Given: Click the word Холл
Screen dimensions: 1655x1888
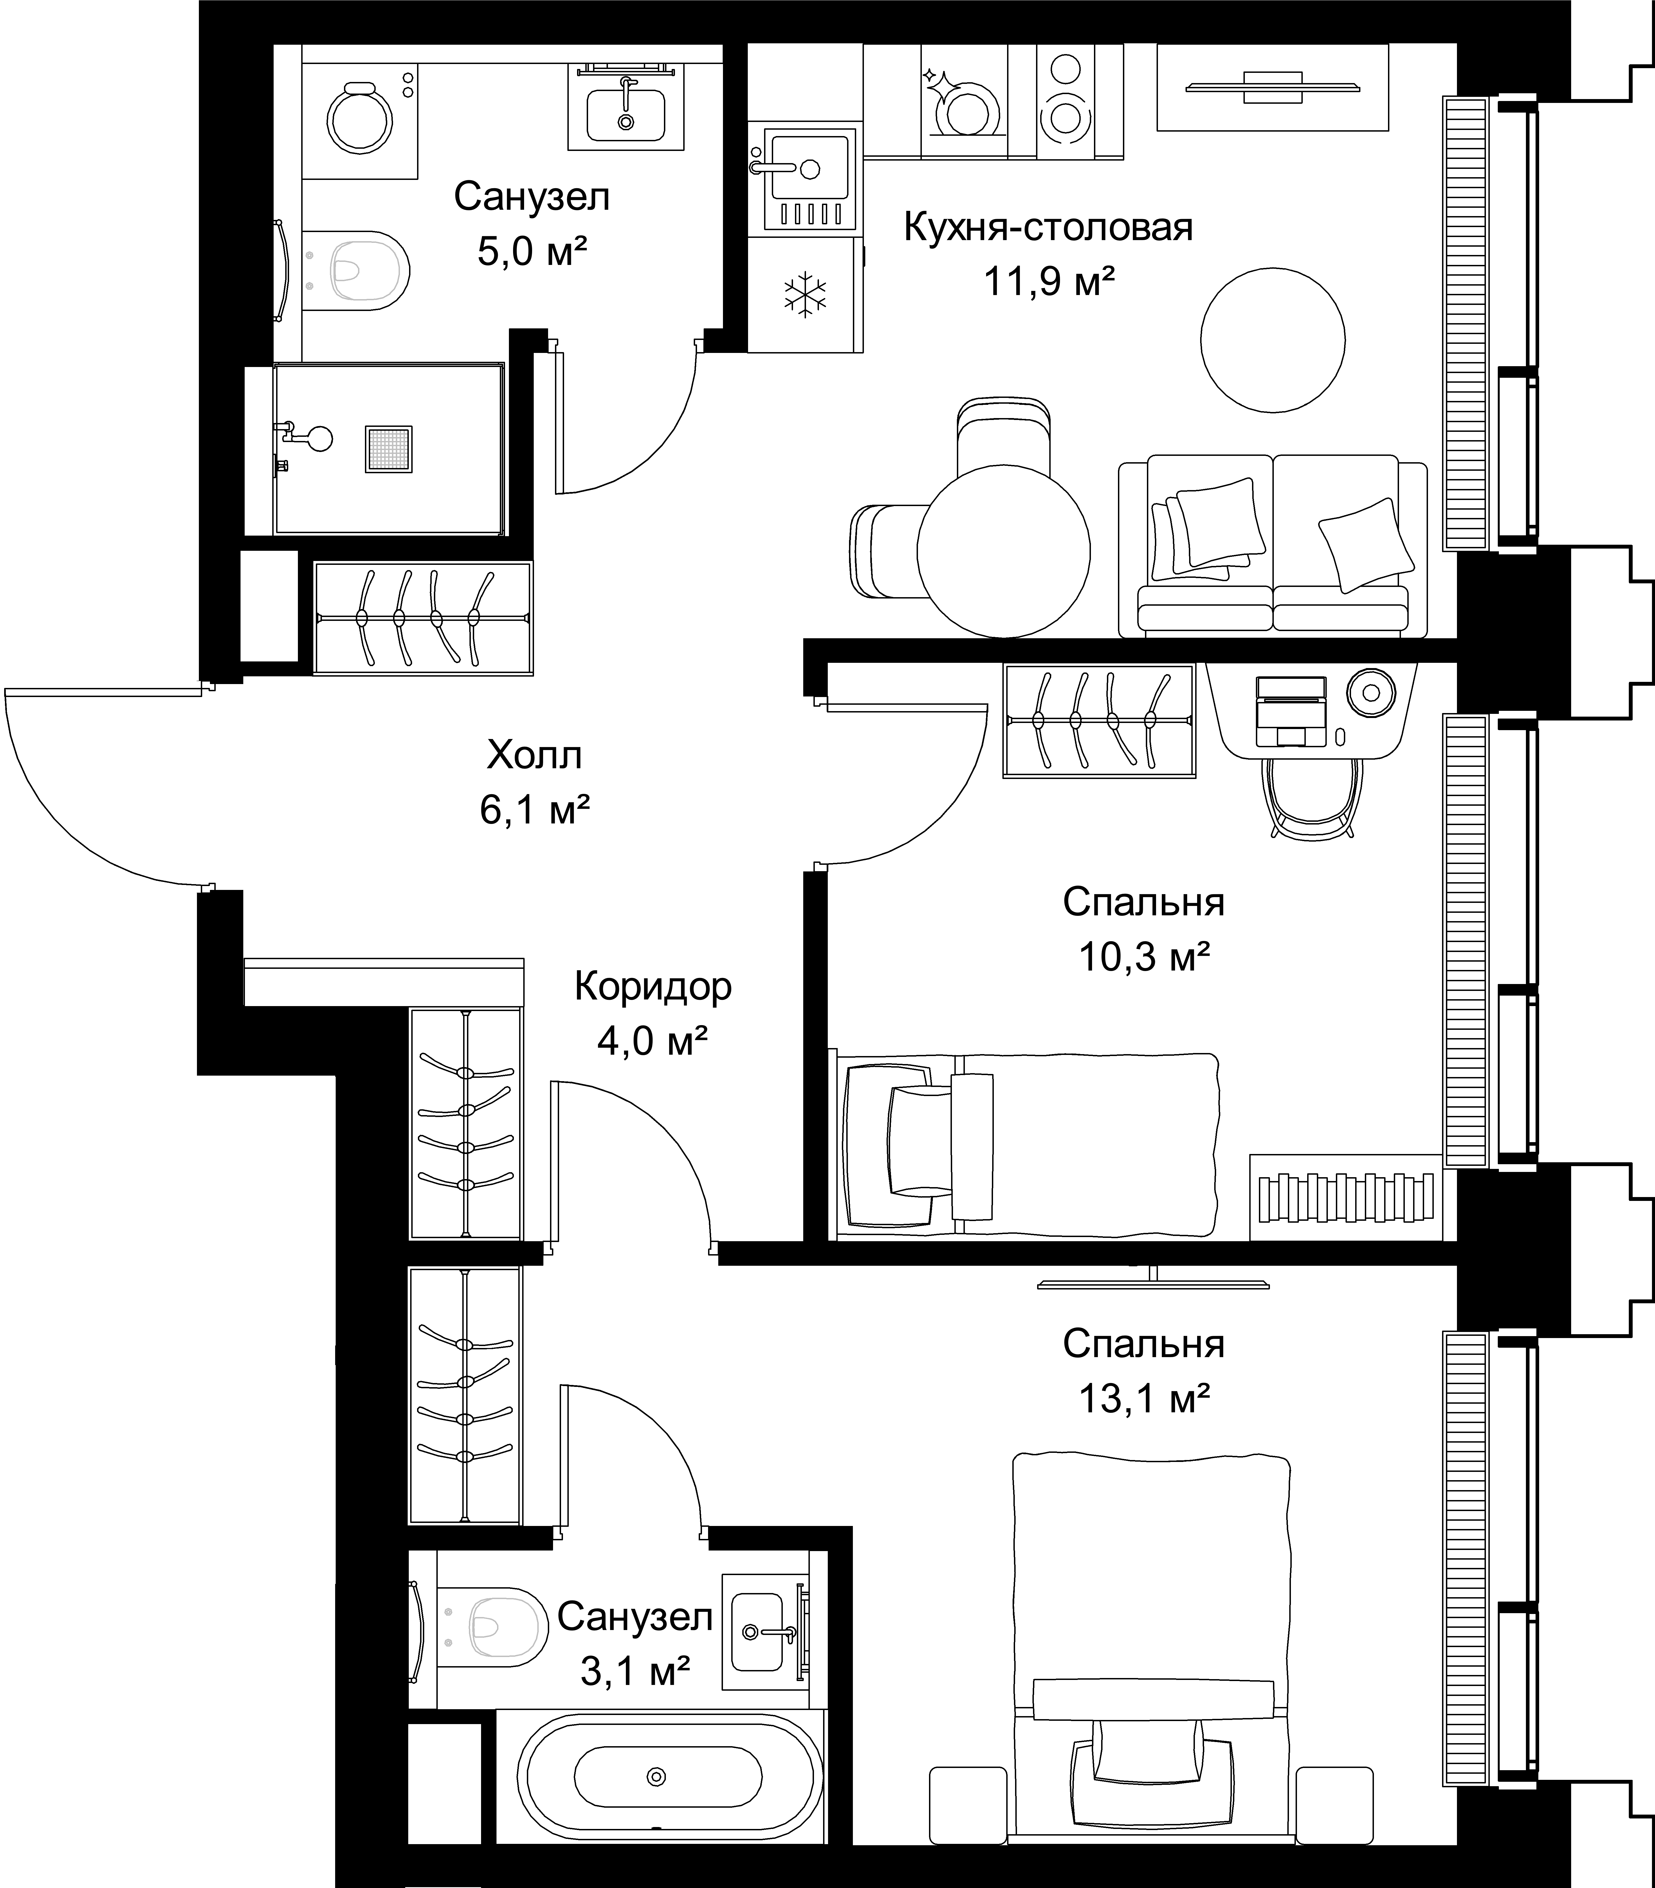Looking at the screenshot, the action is (x=535, y=756).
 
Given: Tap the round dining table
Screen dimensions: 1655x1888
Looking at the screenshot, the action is (x=1004, y=551).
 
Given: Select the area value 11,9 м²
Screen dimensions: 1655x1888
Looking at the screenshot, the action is (x=1048, y=282).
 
